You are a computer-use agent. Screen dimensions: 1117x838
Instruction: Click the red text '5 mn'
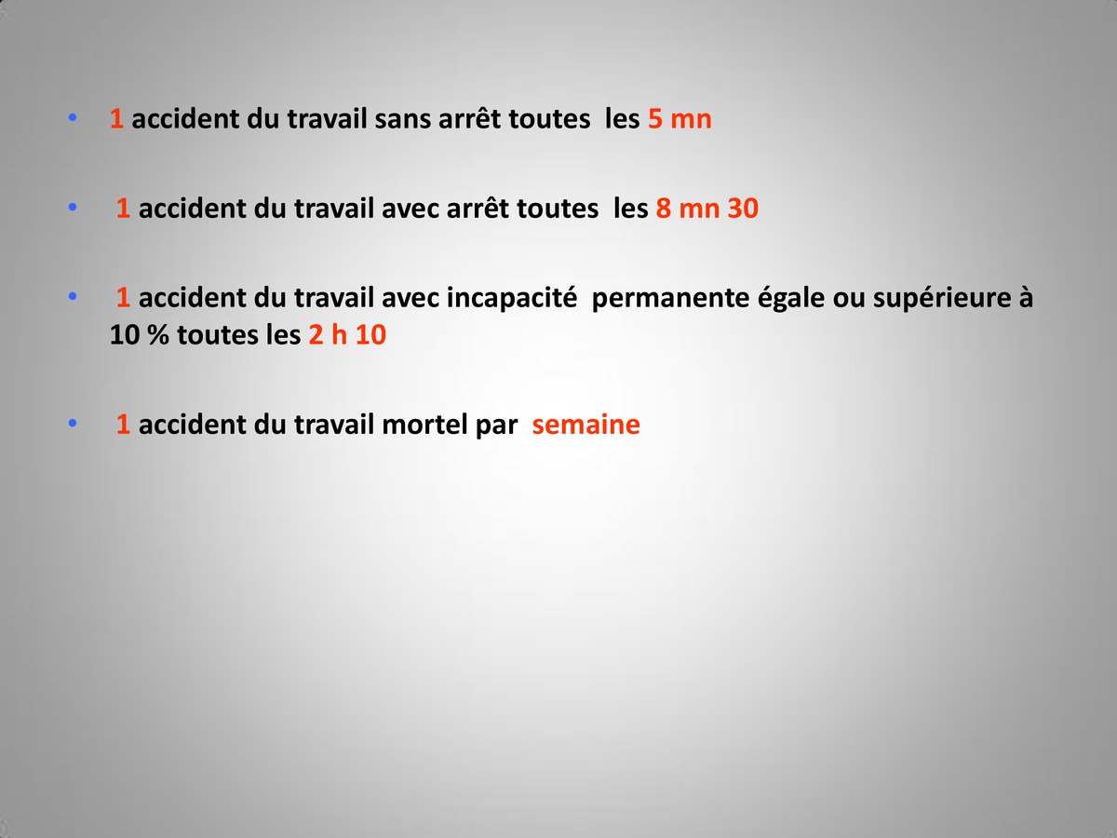coord(680,119)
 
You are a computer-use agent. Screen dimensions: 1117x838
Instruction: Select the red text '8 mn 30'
coord(707,209)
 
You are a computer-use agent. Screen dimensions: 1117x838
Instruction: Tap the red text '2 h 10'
coord(347,335)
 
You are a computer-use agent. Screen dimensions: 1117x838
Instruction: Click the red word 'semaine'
coord(585,425)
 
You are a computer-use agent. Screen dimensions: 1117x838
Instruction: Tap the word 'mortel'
coord(424,425)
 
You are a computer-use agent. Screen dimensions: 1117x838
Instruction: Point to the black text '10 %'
coord(139,335)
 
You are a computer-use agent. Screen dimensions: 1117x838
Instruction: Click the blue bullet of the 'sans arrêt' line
coord(73,117)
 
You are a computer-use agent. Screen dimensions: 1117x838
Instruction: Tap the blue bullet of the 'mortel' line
coord(73,423)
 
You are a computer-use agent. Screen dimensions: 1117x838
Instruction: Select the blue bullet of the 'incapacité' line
coord(73,295)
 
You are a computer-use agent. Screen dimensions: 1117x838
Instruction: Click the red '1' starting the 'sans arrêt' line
coord(116,119)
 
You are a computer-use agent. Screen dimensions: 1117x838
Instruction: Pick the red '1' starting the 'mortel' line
coord(123,425)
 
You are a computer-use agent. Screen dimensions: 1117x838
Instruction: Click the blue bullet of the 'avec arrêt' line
coord(73,207)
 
